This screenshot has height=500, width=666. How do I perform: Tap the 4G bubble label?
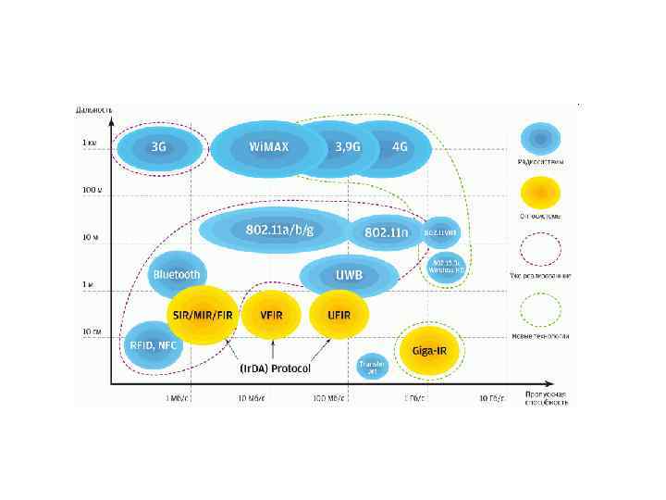[x=400, y=147]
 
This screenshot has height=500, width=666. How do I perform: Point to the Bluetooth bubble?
[x=176, y=274]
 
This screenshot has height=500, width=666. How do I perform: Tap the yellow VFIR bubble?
[x=271, y=315]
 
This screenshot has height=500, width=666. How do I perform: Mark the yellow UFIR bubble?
[x=338, y=315]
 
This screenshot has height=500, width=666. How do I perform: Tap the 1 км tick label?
[x=90, y=142]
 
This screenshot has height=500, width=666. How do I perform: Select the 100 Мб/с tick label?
[x=329, y=398]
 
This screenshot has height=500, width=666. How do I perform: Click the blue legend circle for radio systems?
[x=540, y=139]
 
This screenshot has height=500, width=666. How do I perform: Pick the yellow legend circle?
[x=540, y=194]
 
